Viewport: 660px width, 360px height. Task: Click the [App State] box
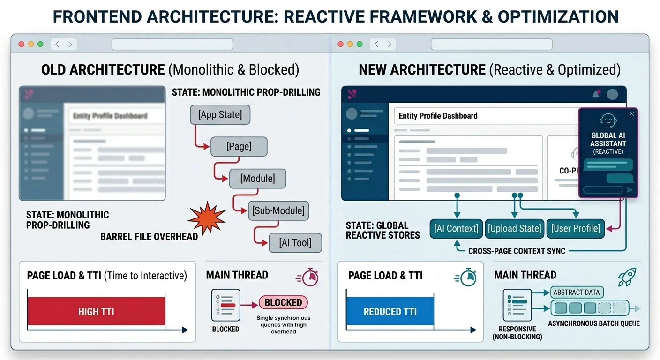point(220,115)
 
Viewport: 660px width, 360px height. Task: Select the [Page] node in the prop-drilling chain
point(239,146)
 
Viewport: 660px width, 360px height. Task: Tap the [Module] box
point(257,178)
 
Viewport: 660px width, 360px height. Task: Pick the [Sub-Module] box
point(278,210)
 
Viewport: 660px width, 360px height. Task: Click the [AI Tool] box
point(295,242)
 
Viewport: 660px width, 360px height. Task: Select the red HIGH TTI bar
point(96,312)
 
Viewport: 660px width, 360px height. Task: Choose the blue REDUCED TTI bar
point(390,312)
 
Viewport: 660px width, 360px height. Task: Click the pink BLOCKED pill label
point(283,302)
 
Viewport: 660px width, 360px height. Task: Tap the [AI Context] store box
point(456,228)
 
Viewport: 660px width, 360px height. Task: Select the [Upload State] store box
point(514,228)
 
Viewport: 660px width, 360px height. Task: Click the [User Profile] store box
point(575,228)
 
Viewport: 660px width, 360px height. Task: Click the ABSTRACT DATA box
point(576,292)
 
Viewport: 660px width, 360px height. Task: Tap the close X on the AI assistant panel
point(631,114)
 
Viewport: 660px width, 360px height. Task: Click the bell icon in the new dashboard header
point(596,94)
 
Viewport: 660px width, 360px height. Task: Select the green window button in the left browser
point(40,44)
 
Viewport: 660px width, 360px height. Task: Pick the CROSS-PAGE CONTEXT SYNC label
point(517,251)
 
